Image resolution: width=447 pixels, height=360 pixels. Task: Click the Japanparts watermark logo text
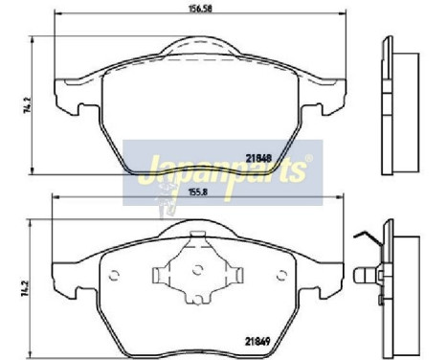pyautogui.click(x=220, y=172)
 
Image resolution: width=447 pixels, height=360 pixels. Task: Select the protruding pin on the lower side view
pyautogui.click(x=367, y=279)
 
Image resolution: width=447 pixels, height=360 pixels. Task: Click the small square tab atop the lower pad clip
pyautogui.click(x=198, y=236)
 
